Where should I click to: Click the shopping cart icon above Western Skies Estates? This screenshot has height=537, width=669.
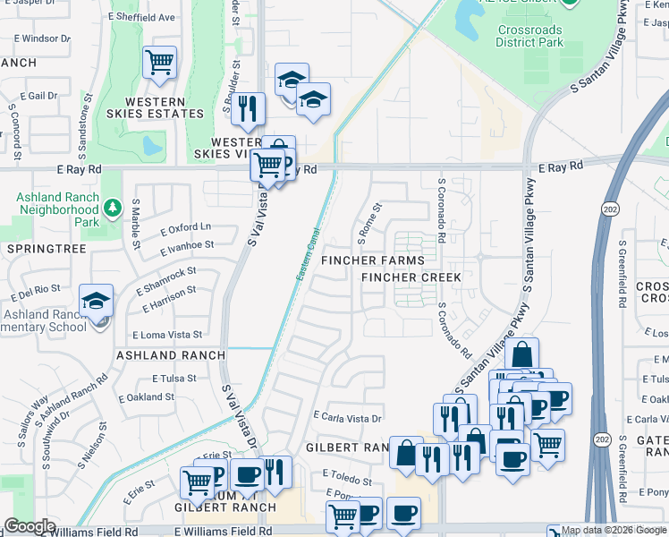click(x=159, y=63)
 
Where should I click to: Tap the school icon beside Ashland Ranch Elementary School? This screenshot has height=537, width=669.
click(x=96, y=302)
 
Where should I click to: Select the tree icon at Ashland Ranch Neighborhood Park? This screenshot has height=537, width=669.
click(x=112, y=209)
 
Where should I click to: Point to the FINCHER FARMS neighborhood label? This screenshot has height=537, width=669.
click(x=373, y=260)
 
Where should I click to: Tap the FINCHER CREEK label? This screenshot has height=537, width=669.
click(x=411, y=277)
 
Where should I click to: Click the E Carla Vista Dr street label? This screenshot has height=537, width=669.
click(x=348, y=417)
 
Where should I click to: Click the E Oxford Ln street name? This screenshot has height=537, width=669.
click(x=186, y=228)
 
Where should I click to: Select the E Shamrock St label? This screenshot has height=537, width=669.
click(x=165, y=280)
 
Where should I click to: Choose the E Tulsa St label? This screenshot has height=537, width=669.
click(x=174, y=379)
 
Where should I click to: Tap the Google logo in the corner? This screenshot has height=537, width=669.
click(x=30, y=527)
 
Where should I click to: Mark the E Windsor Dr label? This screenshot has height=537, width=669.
click(x=38, y=38)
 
